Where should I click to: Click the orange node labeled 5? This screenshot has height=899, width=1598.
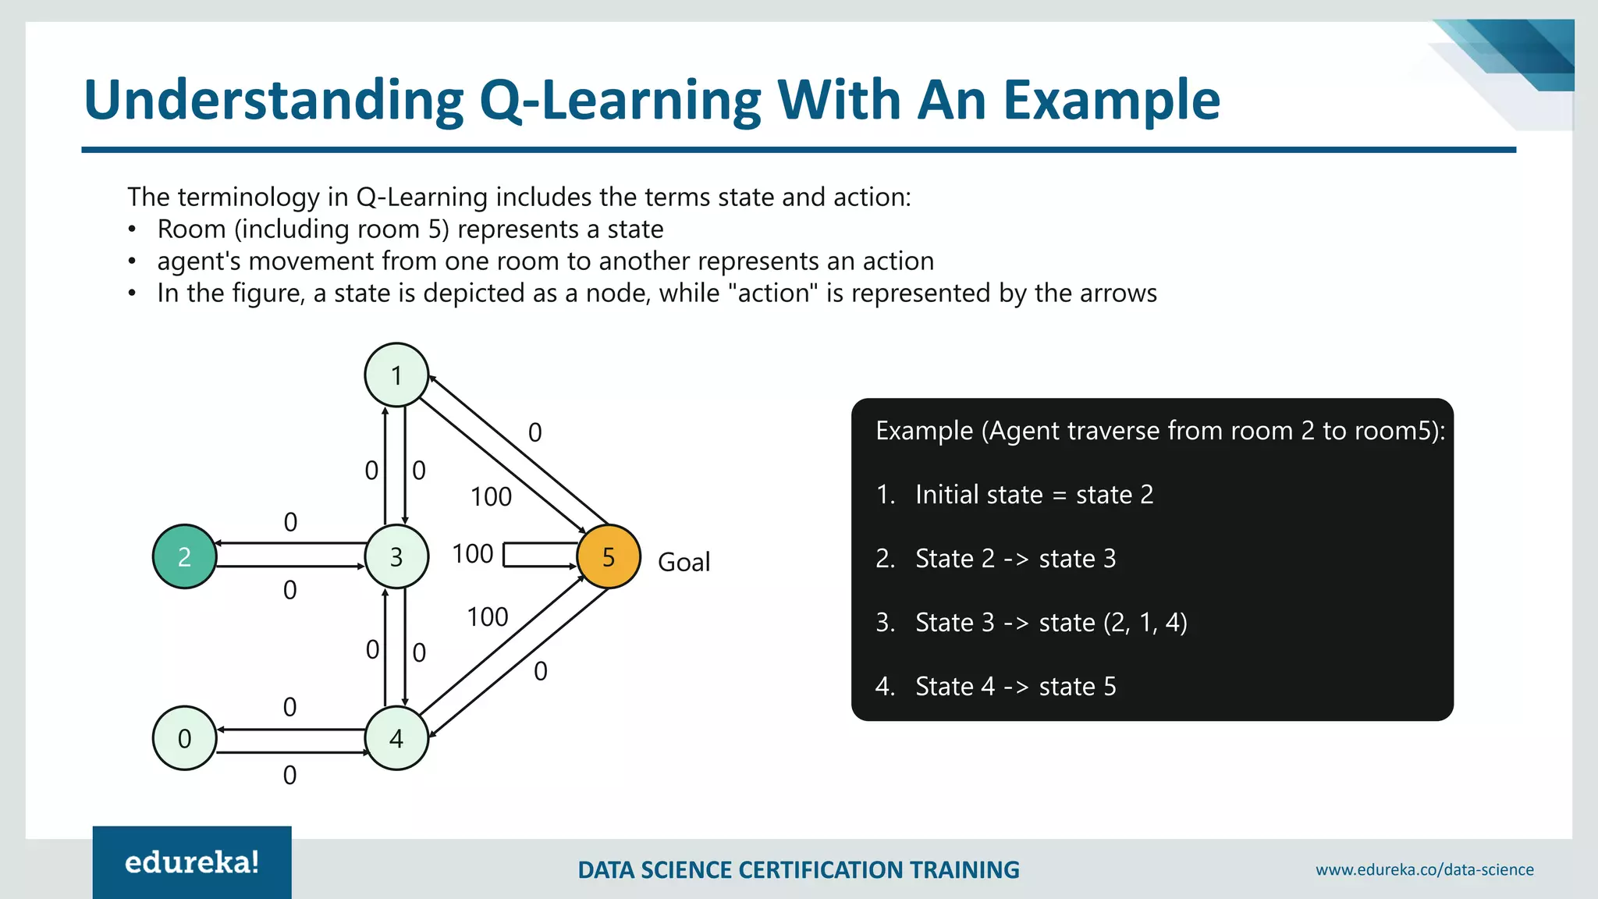[609, 556]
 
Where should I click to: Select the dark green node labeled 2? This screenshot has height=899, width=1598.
[184, 556]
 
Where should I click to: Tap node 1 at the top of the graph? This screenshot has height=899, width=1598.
[396, 375]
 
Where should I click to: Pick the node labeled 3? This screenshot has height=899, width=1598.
[396, 556]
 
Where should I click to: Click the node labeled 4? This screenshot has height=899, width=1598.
[396, 738]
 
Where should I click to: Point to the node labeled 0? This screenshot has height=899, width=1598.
[184, 738]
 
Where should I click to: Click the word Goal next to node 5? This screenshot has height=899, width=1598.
[684, 562]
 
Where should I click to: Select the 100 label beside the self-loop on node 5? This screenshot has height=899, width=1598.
[473, 554]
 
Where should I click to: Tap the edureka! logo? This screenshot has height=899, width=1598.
[192, 862]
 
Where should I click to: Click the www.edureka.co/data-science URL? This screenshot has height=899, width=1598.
[1424, 869]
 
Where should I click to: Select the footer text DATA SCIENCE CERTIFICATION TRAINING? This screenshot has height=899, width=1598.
[798, 869]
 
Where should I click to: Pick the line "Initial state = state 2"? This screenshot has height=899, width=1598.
[1033, 495]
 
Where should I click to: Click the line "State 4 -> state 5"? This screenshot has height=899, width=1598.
[1015, 687]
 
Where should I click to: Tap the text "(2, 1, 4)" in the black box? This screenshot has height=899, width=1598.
[1145, 623]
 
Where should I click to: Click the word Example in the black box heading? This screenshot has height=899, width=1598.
[924, 431]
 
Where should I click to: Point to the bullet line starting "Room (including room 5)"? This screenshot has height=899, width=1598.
[410, 229]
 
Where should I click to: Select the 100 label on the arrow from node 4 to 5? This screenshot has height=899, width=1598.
[488, 617]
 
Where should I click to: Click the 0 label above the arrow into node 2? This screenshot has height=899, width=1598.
[290, 522]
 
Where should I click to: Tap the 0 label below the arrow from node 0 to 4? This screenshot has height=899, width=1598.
[289, 775]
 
